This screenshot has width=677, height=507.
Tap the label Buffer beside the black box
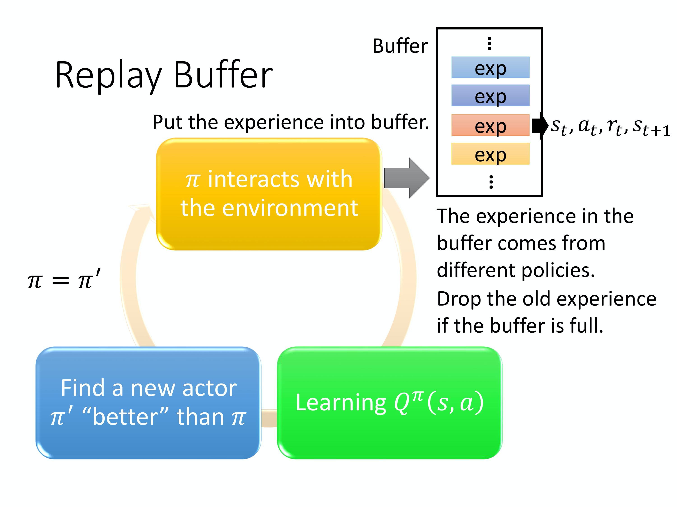(400, 46)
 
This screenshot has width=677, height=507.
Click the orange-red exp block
(490, 125)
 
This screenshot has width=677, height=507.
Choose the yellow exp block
(490, 154)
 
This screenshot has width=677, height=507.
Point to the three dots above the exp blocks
(489, 43)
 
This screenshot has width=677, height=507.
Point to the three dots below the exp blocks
(491, 182)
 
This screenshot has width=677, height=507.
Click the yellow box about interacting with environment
(269, 194)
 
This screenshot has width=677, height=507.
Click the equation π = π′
(64, 280)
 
